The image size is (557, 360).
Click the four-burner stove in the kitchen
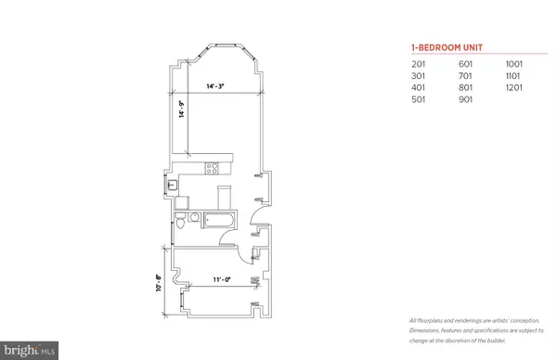(x=213, y=169)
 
